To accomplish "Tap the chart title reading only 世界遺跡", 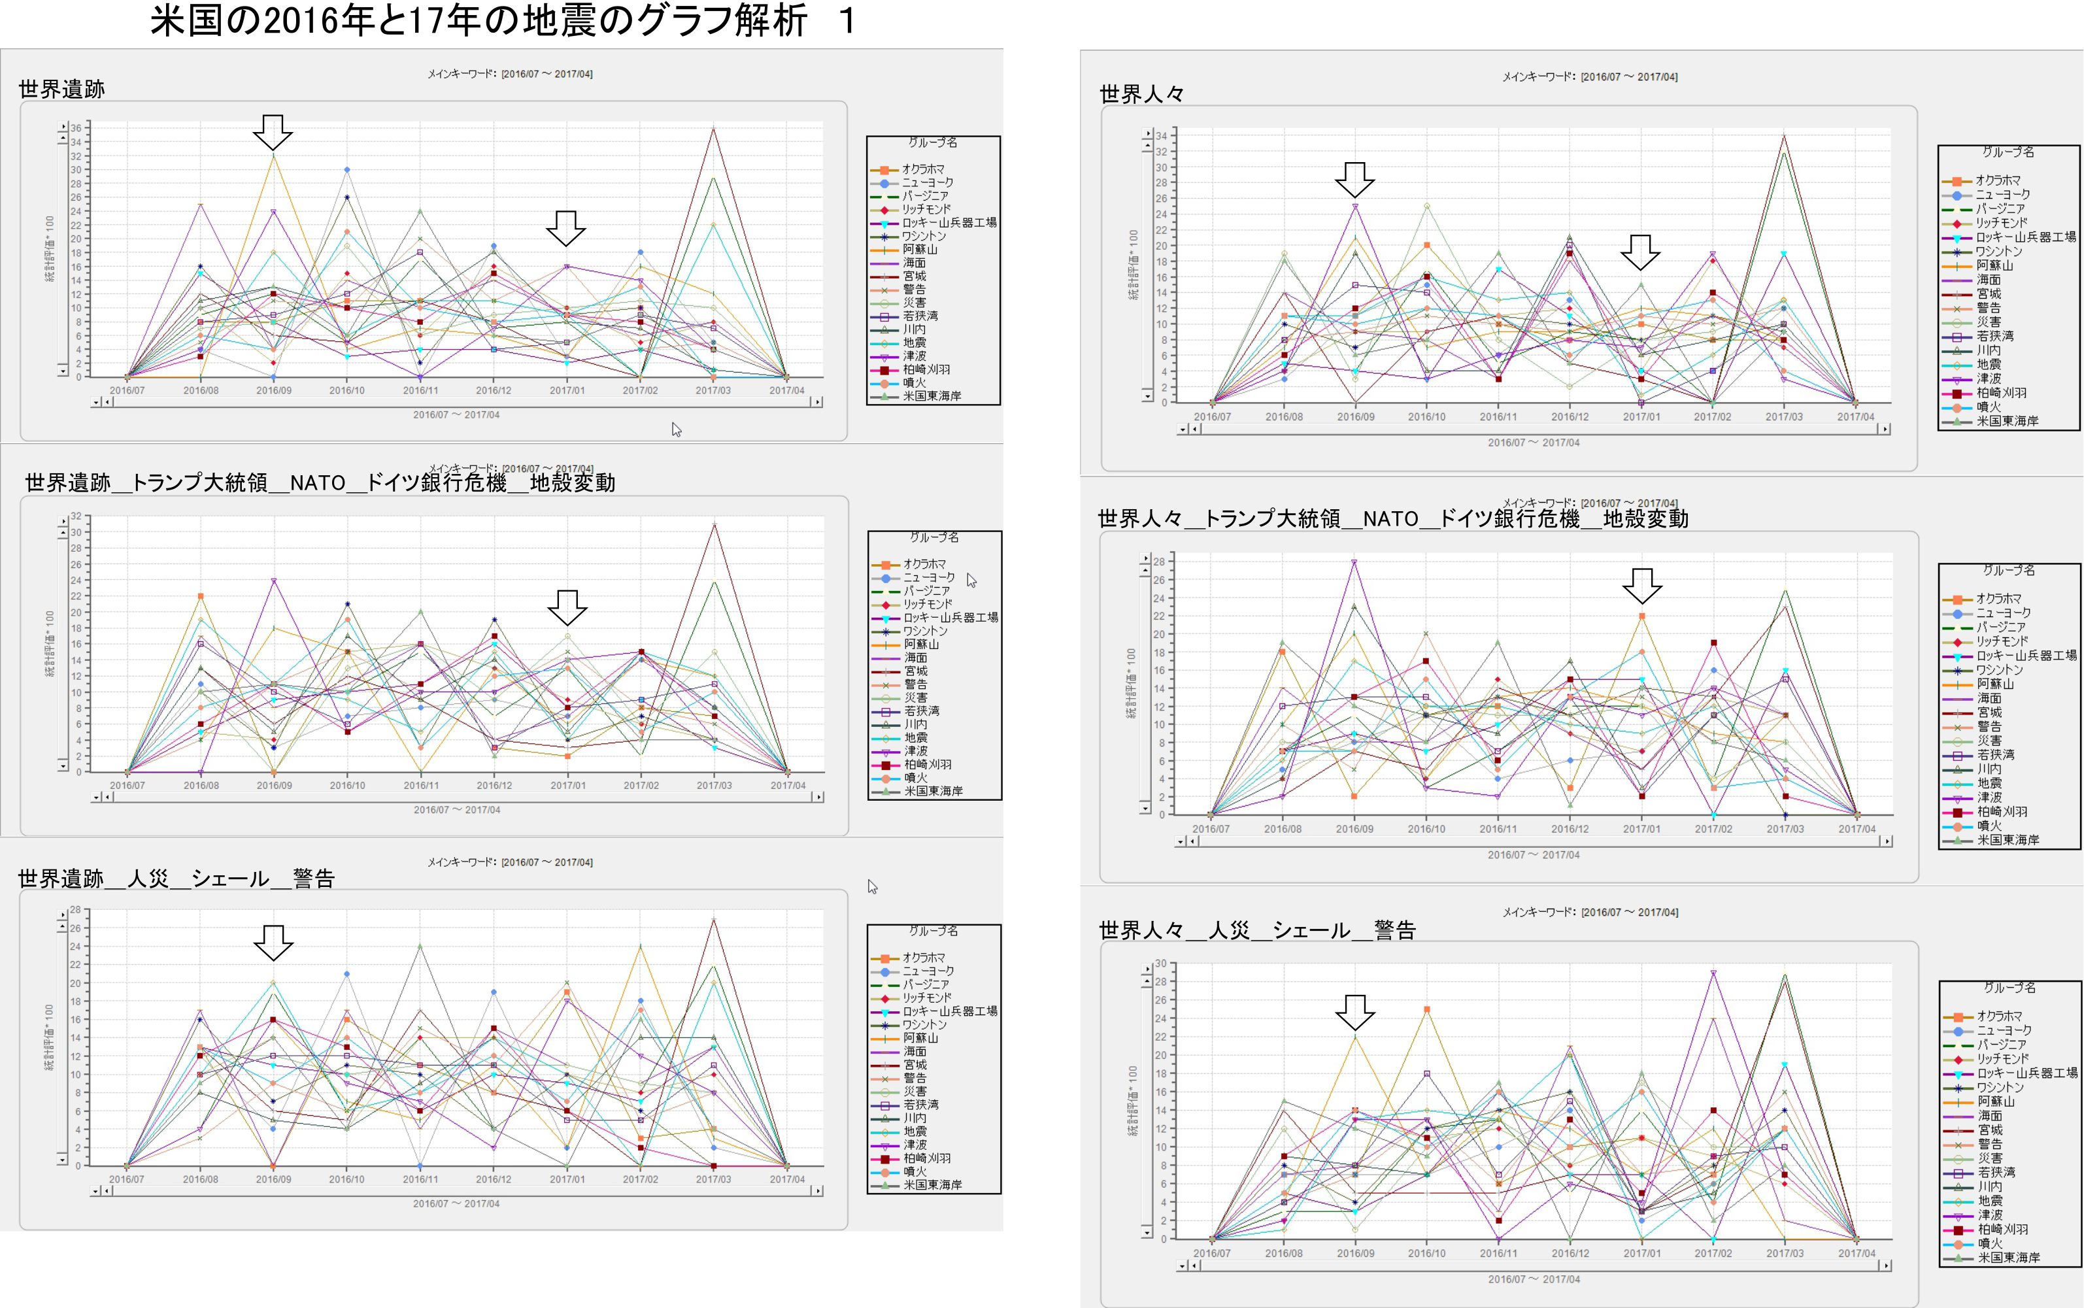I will pyautogui.click(x=61, y=89).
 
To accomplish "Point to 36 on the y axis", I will pyautogui.click(x=76, y=128).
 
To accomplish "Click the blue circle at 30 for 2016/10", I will pyautogui.click(x=347, y=169).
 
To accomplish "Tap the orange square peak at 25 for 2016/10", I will pyautogui.click(x=1426, y=1009).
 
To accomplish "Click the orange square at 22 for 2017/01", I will pyautogui.click(x=1641, y=616).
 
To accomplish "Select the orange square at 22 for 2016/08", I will pyautogui.click(x=201, y=596).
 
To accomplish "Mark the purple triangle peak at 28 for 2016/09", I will pyautogui.click(x=1354, y=562).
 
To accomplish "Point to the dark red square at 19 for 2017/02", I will pyautogui.click(x=1713, y=643).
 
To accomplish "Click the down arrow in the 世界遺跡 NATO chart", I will pyautogui.click(x=567, y=607).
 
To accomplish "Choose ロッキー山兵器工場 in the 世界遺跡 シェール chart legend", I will pyautogui.click(x=949, y=1011).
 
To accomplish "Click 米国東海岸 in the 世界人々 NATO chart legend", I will pyautogui.click(x=2007, y=840).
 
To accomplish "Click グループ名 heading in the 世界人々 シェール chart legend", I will pyautogui.click(x=2009, y=987).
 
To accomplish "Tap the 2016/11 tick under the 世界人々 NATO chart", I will pyautogui.click(x=1498, y=829).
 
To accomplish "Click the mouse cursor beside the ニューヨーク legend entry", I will pyautogui.click(x=971, y=580).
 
